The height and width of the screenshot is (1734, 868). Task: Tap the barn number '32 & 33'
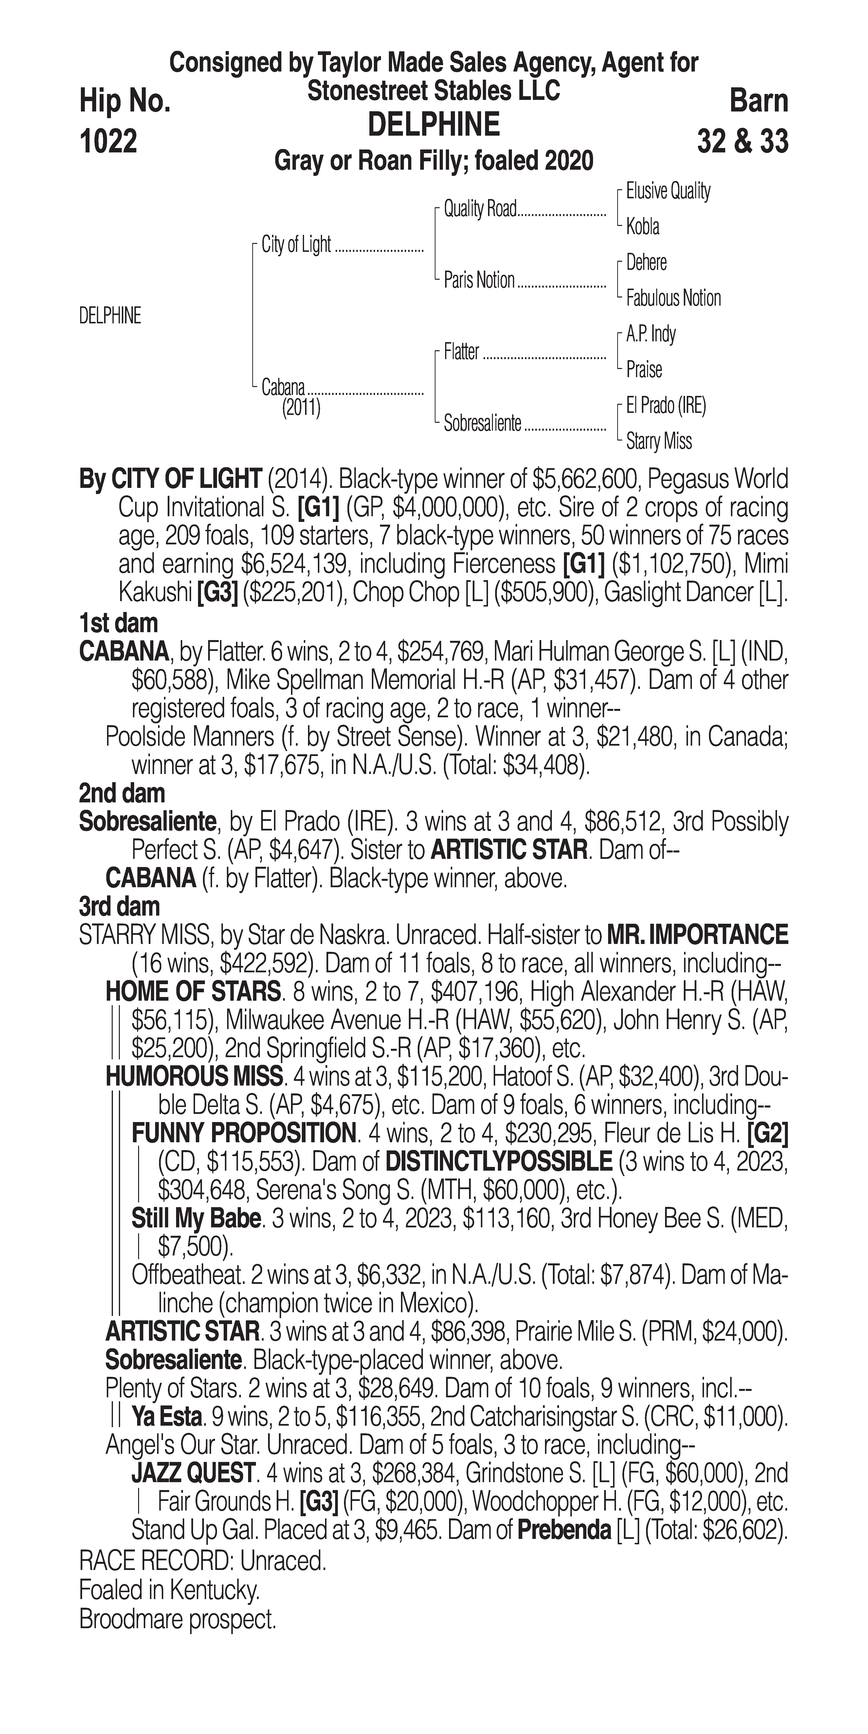pyautogui.click(x=742, y=141)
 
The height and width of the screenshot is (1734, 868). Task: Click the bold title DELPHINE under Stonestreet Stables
pyautogui.click(x=433, y=125)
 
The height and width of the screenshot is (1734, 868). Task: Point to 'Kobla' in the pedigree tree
pyautogui.click(x=643, y=227)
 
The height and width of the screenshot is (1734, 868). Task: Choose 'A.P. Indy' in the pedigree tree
pyautogui.click(x=651, y=334)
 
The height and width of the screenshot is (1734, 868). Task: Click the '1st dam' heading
pyautogui.click(x=118, y=623)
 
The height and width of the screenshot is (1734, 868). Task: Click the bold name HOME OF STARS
pyautogui.click(x=193, y=992)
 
